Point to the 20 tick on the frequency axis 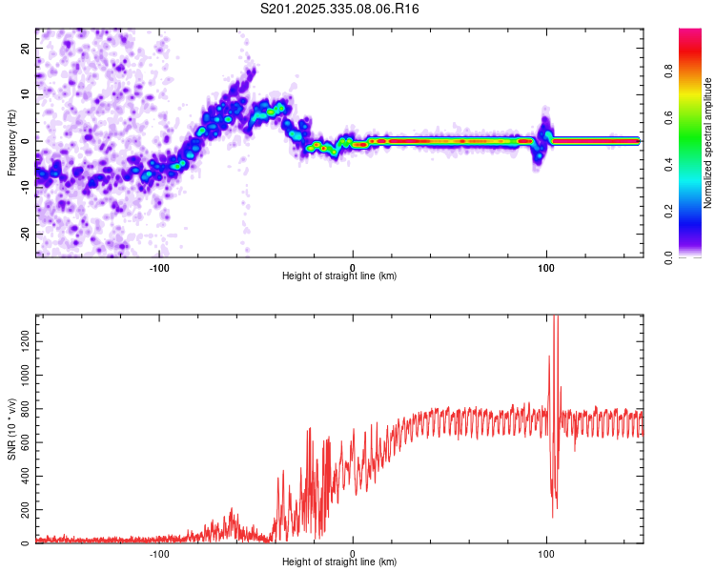click(26, 48)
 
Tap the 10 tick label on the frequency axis click(26, 94)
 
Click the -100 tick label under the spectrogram click(159, 267)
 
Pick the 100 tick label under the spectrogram click(546, 267)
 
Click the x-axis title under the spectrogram click(339, 276)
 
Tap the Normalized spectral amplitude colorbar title click(708, 143)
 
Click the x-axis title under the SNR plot click(339, 562)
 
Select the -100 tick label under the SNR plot click(159, 553)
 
